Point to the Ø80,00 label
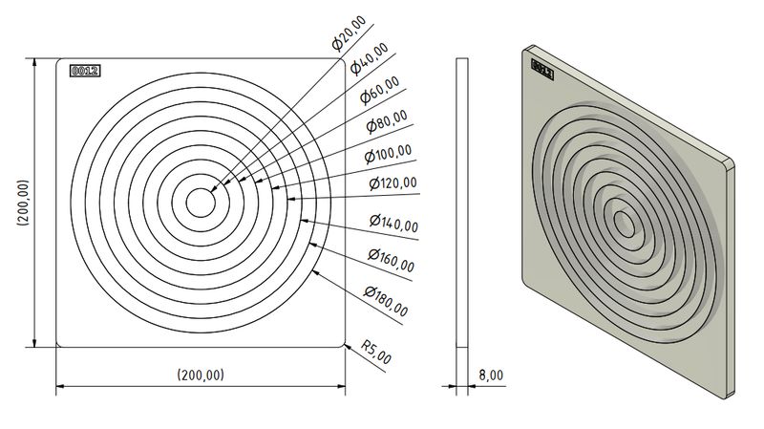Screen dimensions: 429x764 click(x=387, y=121)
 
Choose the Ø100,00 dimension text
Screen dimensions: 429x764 click(x=389, y=152)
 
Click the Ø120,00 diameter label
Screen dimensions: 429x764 click(x=392, y=182)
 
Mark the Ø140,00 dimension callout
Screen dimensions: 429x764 click(x=393, y=224)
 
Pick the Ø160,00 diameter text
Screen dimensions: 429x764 click(x=391, y=258)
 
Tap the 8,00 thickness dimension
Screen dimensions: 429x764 click(x=491, y=375)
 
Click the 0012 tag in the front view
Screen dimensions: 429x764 click(x=85, y=70)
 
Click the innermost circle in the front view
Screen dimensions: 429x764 click(x=201, y=203)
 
